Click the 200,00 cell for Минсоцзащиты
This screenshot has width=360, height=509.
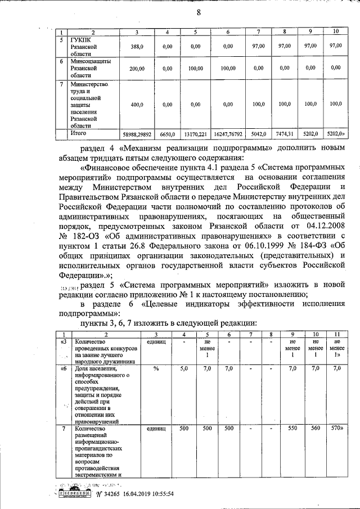coord(137,69)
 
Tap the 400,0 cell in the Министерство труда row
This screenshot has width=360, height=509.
coord(137,105)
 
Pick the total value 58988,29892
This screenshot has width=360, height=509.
coord(137,135)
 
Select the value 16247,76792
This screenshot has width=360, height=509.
coord(228,135)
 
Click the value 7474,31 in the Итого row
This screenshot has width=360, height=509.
coord(285,135)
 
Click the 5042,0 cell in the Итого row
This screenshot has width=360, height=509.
coord(258,135)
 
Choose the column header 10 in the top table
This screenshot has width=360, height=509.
coord(336,31)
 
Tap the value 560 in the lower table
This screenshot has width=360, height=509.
coord(316,429)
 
